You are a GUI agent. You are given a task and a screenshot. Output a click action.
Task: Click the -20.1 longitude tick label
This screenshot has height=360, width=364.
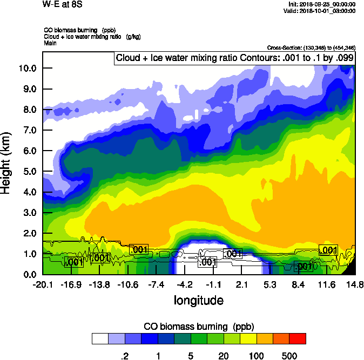coord(43,284)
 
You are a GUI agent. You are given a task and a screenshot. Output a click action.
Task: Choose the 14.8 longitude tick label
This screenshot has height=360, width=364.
coord(355,284)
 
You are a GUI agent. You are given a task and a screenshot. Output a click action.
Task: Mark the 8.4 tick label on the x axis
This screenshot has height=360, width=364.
coord(298,284)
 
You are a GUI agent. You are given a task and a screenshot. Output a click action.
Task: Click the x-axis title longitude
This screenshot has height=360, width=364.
coord(198,300)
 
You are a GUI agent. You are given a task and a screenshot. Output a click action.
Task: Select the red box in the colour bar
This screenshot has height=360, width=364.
coord(298,338)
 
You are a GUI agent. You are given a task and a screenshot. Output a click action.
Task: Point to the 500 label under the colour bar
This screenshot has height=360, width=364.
coord(289,356)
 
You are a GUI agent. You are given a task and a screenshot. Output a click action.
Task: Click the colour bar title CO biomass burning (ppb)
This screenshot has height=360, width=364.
coord(199,327)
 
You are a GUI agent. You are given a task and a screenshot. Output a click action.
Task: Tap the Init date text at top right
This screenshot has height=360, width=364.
coord(322,4)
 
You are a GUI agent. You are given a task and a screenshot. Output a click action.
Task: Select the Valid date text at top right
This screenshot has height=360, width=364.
coord(322,11)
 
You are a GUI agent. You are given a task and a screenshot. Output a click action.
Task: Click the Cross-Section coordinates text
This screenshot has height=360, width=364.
coord(311,48)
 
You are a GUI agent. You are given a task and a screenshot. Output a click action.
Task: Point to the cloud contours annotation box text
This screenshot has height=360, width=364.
coord(234,58)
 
